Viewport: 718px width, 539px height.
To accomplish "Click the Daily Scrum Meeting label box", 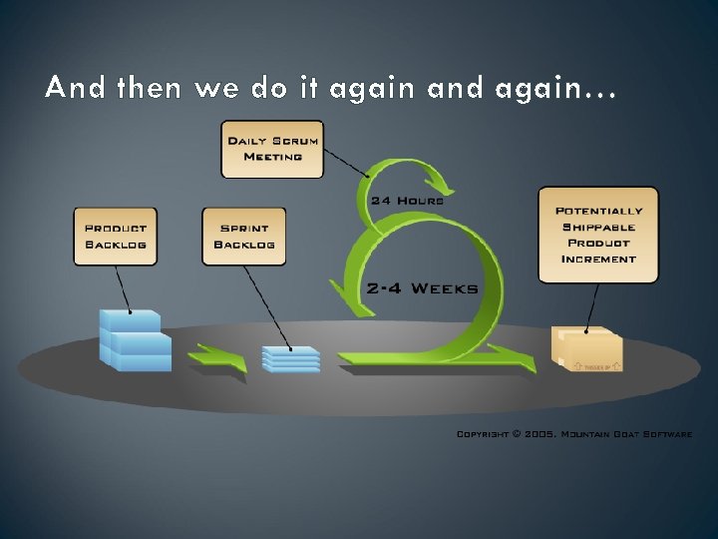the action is (x=272, y=149).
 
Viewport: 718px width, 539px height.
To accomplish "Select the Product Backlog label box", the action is (x=115, y=236).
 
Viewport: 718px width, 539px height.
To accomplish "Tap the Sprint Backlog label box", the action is (x=243, y=236).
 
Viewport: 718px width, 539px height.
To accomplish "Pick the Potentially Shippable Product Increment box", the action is (x=598, y=235).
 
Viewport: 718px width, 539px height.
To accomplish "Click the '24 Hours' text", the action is (x=407, y=200).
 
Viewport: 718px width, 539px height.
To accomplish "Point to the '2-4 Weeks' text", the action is (x=423, y=288).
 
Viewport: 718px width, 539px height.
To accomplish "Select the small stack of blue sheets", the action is (x=291, y=359).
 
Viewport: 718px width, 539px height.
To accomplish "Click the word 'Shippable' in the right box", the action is (x=598, y=227).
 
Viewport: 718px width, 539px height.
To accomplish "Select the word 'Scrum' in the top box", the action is (x=294, y=141).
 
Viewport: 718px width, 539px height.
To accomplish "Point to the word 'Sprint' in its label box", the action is (x=243, y=228).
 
